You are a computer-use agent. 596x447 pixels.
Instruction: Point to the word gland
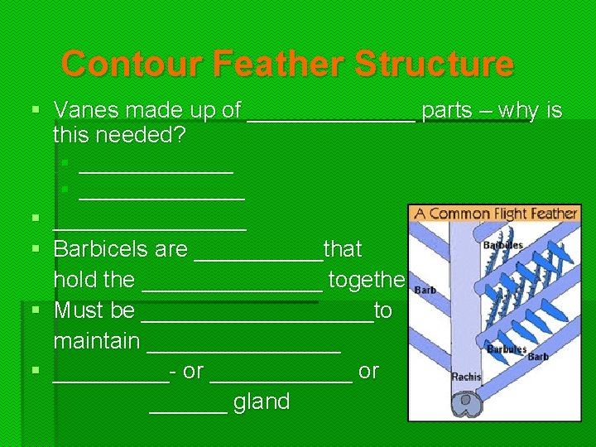[x=262, y=402]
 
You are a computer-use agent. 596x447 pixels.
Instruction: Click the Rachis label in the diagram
[x=467, y=377]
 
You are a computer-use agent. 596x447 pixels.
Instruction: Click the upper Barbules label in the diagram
[x=503, y=246]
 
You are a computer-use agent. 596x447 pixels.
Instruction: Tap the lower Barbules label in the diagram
[x=507, y=349]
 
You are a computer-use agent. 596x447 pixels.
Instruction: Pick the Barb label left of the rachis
[x=425, y=291]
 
